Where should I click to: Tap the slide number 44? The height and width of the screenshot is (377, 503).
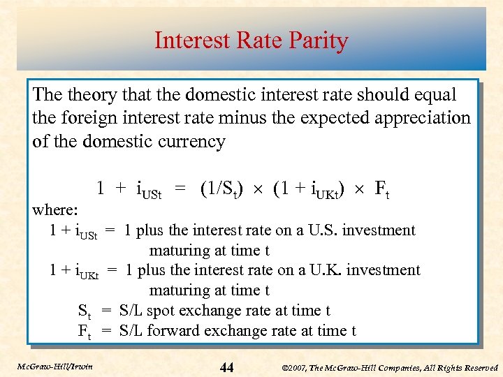(227, 367)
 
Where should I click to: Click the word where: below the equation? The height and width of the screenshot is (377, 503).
(55, 209)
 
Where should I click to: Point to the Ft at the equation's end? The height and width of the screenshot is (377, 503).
(381, 188)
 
